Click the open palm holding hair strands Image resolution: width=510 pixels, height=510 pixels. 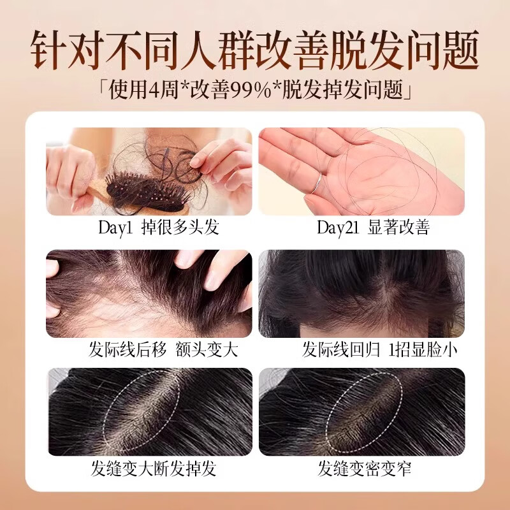point(357,169)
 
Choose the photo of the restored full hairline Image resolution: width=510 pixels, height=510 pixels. point(361,293)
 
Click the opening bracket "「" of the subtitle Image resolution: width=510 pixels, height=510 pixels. point(103,85)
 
